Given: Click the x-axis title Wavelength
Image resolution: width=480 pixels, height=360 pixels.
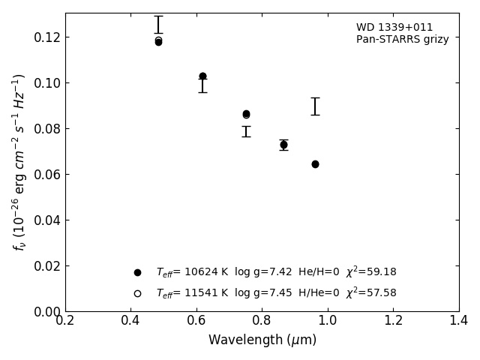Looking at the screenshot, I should [262, 340].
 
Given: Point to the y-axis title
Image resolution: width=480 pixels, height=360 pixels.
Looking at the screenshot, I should [19, 162].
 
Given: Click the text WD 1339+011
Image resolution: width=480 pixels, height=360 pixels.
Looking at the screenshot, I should [384, 28].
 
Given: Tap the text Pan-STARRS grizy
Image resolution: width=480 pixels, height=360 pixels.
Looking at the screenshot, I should [402, 40].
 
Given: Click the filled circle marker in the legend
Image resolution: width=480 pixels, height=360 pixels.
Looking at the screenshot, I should [137, 272].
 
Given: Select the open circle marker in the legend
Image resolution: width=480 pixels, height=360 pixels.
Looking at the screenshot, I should [137, 293].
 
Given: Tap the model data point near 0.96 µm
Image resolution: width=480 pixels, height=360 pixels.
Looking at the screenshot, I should [315, 164].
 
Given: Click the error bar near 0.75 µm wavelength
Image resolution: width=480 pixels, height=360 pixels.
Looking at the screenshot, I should [246, 131].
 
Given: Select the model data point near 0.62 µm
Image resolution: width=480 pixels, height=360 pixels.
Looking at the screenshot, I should [202, 76].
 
